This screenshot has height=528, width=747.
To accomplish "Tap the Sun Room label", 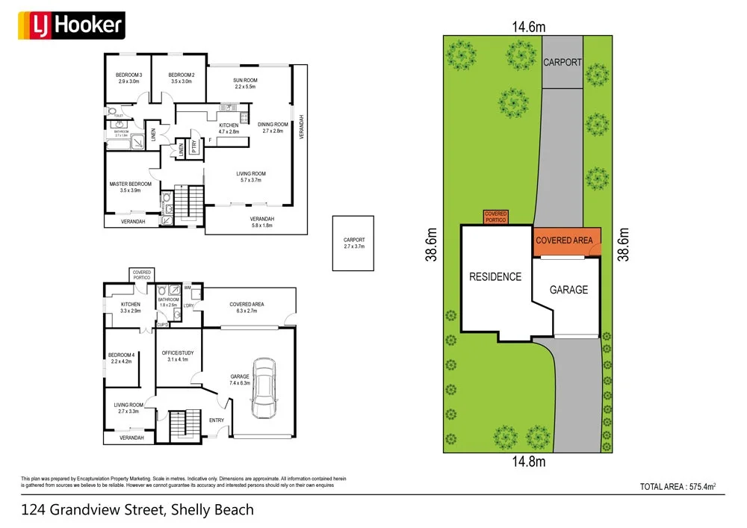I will pos(245,84).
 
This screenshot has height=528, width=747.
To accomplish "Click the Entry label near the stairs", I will pos(217,420).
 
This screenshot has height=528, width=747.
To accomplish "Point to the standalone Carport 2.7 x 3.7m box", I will pos(353,243).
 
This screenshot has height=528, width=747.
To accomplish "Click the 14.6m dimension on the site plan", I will pos(528,27).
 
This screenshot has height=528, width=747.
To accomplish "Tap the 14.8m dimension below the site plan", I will pos(528,462).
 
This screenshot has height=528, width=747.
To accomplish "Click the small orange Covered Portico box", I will pos(496,217).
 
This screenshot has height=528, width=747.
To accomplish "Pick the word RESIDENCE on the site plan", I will pos(495,277).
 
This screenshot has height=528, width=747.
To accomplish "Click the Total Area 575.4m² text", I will pos(678,487).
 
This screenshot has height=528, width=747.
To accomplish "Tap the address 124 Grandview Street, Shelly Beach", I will pos(137,511).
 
